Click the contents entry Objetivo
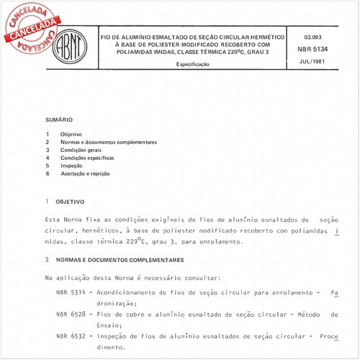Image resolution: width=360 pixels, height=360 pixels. (x=71, y=135)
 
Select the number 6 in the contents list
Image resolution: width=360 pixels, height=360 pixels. (x=47, y=173)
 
